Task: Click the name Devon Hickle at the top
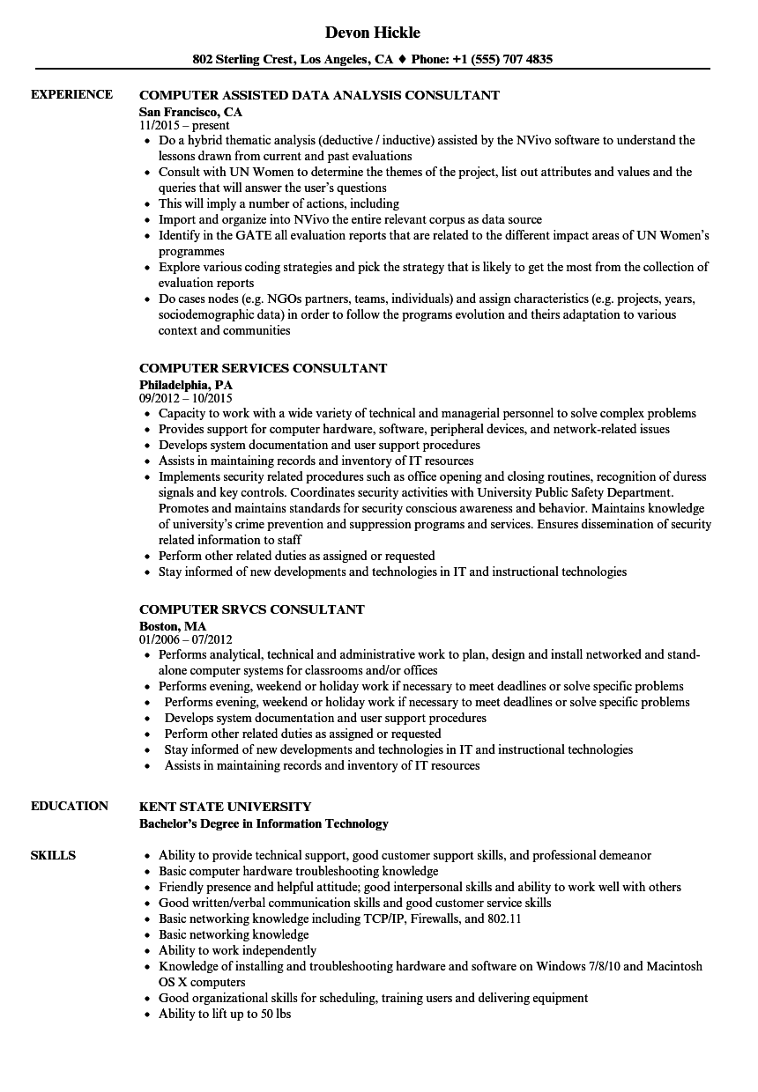373,33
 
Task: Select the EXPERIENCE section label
71,94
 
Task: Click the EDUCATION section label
70,806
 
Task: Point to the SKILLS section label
53,855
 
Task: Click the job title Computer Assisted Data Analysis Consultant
319,95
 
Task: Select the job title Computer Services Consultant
263,368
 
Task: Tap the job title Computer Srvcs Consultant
251,609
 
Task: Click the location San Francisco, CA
190,112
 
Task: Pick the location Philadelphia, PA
186,385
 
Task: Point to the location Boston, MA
173,626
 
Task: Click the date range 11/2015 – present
184,126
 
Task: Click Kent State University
225,807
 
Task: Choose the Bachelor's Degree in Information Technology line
264,823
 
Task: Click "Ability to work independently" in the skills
237,950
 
